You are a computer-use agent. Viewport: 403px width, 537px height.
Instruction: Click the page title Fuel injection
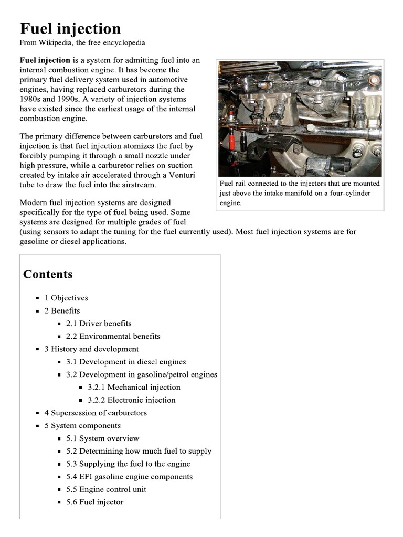click(x=70, y=28)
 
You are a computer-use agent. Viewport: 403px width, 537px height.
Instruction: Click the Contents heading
click(x=48, y=274)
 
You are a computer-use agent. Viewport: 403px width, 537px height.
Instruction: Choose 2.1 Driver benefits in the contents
click(x=99, y=324)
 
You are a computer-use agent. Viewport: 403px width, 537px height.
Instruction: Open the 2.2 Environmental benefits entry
click(x=113, y=336)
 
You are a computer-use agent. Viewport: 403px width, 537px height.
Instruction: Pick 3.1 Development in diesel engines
click(x=126, y=362)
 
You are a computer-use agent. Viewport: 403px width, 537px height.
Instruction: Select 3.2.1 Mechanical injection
click(x=134, y=388)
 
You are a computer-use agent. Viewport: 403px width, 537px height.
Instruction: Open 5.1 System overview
click(x=103, y=438)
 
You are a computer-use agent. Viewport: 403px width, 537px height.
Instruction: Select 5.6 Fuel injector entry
click(x=95, y=502)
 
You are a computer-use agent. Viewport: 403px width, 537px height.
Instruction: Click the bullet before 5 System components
click(x=38, y=426)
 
